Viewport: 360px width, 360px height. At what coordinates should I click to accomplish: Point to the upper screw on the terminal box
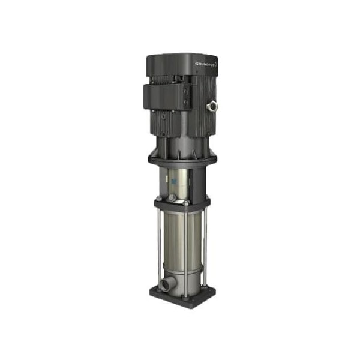click(187, 87)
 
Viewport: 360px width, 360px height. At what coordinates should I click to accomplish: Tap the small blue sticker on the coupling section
click(173, 178)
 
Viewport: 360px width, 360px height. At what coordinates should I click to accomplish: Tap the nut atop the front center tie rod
click(185, 203)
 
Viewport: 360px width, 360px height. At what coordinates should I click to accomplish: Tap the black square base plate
click(180, 297)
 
